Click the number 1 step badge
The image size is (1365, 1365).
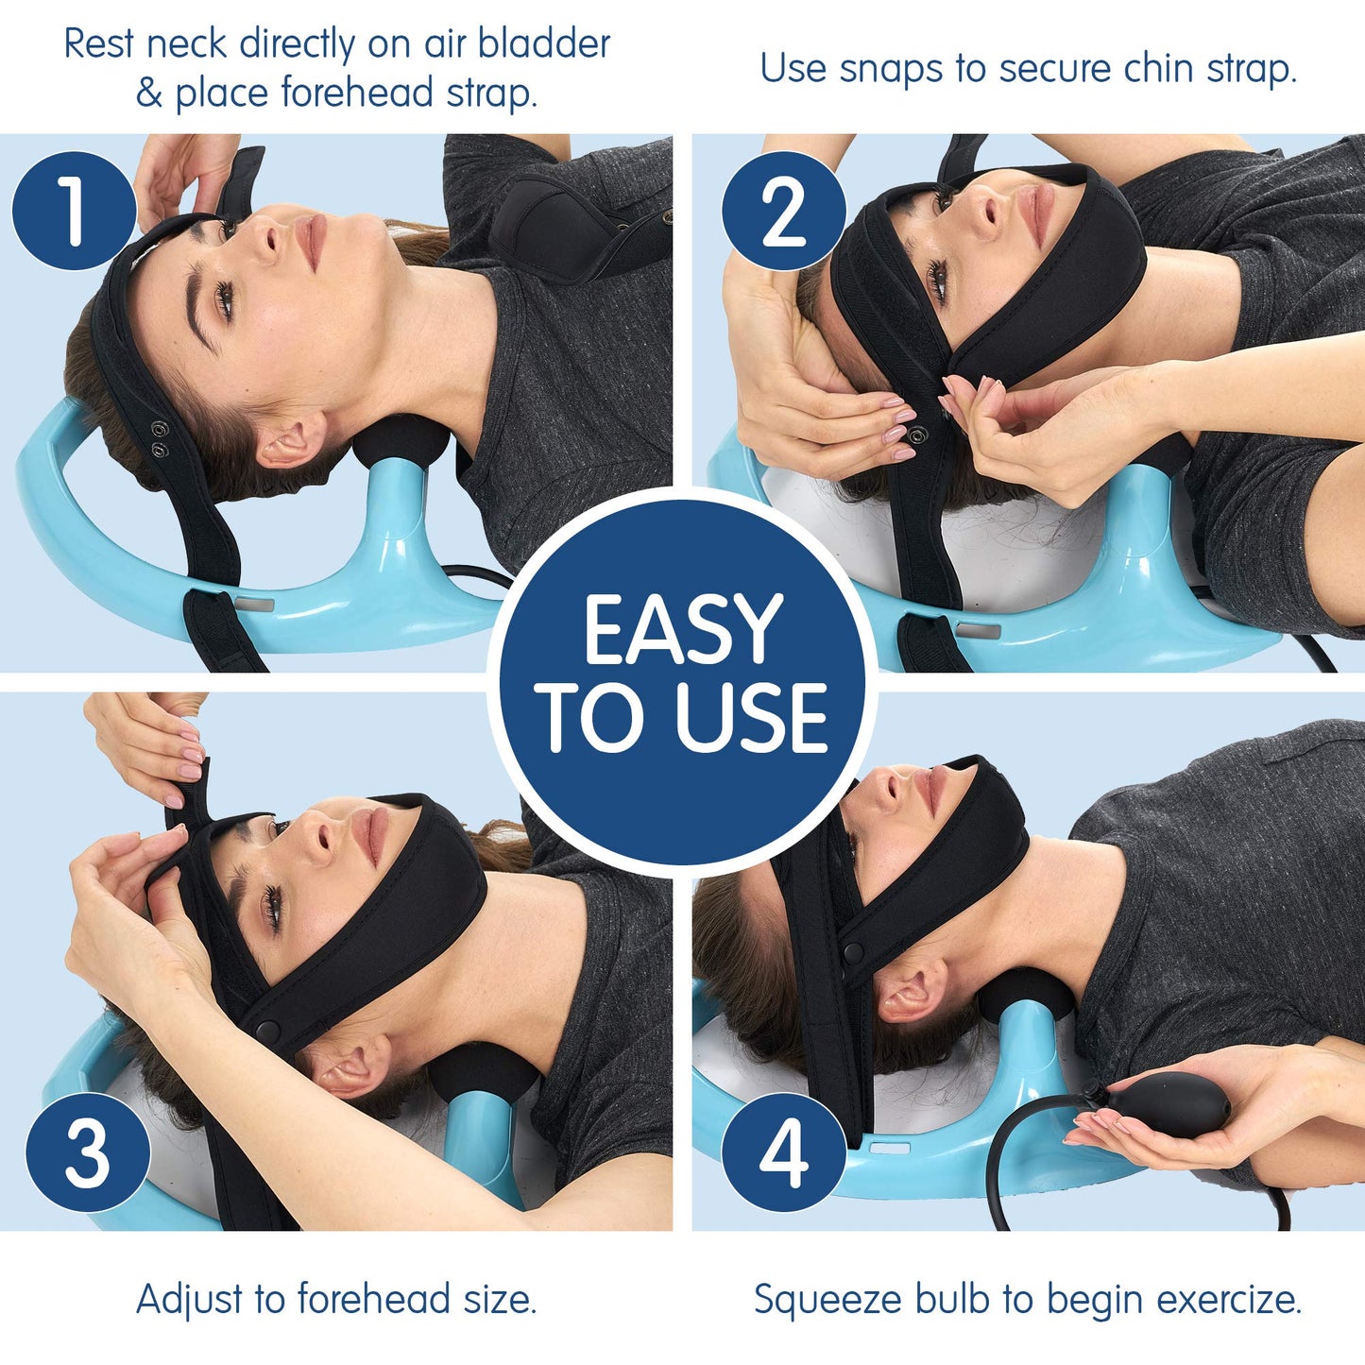(x=74, y=211)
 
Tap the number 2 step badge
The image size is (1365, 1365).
(x=783, y=211)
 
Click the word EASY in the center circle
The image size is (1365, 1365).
(x=683, y=629)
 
